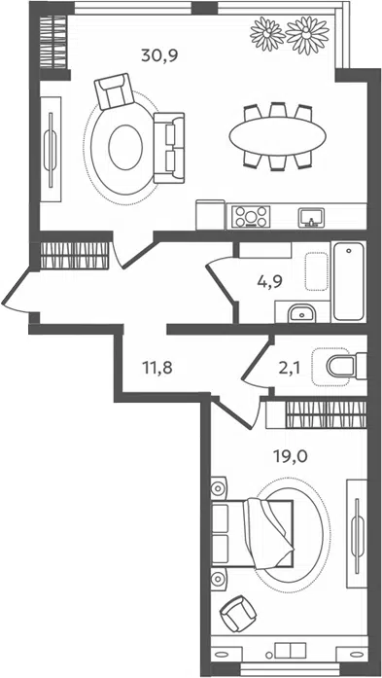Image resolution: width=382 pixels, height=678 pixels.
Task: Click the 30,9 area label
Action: (x=159, y=56)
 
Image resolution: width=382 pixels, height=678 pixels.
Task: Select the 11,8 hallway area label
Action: (x=157, y=369)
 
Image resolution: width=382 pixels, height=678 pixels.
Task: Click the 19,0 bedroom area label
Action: (x=290, y=456)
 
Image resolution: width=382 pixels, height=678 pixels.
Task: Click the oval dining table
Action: (x=277, y=136)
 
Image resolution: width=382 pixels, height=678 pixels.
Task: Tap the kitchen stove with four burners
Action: (x=251, y=216)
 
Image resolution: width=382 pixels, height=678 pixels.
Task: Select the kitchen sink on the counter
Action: (x=311, y=217)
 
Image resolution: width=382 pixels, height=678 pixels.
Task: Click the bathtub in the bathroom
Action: (x=349, y=281)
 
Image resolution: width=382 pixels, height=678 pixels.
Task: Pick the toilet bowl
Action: (x=346, y=367)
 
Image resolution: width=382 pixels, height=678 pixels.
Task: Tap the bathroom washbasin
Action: (x=302, y=312)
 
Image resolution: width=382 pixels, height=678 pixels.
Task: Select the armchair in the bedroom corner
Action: (x=238, y=614)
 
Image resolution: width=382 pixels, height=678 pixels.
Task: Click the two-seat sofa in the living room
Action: (x=169, y=148)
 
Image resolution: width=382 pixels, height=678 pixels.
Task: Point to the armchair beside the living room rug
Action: (x=114, y=90)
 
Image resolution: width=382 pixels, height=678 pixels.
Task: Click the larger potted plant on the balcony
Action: (x=307, y=35)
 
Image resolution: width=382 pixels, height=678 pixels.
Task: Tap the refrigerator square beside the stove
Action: (x=211, y=214)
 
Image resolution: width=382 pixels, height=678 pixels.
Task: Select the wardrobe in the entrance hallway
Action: (x=74, y=256)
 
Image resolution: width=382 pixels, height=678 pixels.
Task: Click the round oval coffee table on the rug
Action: (x=125, y=147)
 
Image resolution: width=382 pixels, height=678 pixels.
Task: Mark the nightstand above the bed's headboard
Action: (x=219, y=488)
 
